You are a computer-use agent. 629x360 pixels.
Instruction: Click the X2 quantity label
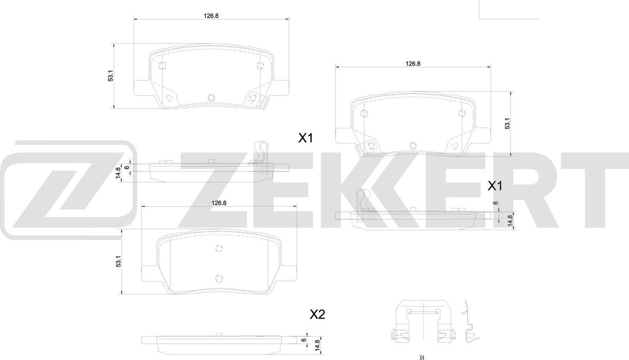pyautogui.click(x=317, y=314)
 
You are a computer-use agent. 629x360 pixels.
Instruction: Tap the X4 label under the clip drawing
pyautogui.click(x=421, y=357)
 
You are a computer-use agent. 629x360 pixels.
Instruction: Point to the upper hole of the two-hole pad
pyautogui.click(x=218, y=248)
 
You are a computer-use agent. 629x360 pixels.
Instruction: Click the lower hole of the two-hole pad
pyautogui.click(x=218, y=278)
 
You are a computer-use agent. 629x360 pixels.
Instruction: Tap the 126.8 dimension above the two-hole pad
pyautogui.click(x=219, y=202)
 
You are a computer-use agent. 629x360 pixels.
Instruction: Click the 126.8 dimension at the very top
pyautogui.click(x=211, y=16)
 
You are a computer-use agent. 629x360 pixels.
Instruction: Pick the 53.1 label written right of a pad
pyautogui.click(x=507, y=123)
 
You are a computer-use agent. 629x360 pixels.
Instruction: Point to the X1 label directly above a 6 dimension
pyautogui.click(x=494, y=186)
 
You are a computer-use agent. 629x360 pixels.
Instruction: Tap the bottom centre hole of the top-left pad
pyautogui.click(x=211, y=97)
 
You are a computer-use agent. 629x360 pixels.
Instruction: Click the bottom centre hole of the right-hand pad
pyautogui.click(x=412, y=145)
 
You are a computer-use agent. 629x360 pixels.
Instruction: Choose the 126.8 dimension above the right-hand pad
pyautogui.click(x=413, y=63)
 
